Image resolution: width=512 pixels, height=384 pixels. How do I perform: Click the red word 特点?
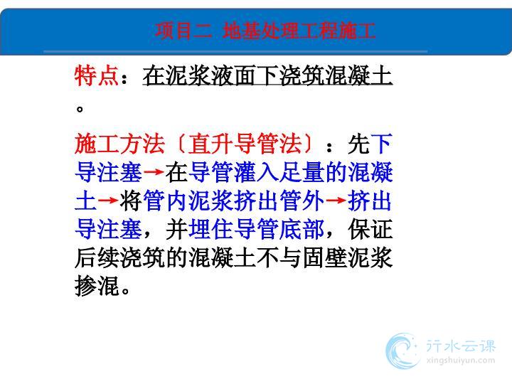point(97,75)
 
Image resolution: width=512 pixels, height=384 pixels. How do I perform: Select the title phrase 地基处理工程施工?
point(299,31)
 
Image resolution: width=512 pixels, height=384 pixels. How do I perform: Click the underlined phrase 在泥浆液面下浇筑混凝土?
point(267,75)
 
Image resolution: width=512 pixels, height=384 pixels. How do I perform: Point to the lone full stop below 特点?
point(80,108)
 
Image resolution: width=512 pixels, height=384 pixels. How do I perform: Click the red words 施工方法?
point(119,144)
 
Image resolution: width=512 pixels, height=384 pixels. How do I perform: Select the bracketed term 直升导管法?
point(245,144)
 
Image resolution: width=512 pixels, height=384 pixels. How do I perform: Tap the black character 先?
point(358,144)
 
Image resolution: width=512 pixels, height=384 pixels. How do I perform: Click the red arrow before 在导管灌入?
point(154,172)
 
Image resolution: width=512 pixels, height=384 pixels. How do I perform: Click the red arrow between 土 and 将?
point(108,200)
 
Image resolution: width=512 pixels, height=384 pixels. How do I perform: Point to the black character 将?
point(131,201)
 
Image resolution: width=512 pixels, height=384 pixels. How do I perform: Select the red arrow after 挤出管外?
point(336,200)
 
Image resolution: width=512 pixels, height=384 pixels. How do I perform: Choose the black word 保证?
point(370,229)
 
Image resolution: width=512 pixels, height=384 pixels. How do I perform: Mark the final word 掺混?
point(97,286)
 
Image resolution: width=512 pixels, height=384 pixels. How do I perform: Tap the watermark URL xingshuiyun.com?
point(461,361)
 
